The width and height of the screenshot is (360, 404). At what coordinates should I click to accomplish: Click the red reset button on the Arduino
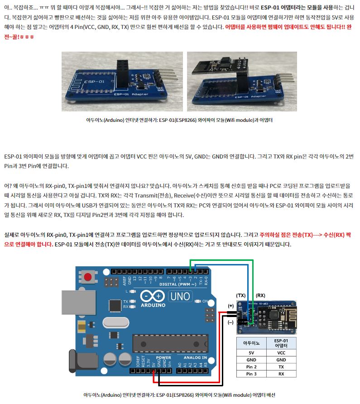pos(87,277)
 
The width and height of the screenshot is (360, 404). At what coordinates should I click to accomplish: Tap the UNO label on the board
pos(180,296)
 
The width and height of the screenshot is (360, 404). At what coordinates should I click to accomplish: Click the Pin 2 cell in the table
pos(251,367)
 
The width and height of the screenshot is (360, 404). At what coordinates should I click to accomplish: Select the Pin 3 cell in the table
pos(251,374)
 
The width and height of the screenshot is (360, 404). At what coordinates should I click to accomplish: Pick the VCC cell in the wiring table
pos(281,353)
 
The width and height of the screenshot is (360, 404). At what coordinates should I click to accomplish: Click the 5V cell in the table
pos(251,353)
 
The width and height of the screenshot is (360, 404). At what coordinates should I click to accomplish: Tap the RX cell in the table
pos(281,374)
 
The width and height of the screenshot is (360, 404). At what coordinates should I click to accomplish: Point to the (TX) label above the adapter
pos(241,296)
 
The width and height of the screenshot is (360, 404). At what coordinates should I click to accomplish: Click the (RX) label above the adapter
pos(260,296)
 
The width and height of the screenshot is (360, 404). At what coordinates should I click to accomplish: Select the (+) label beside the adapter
pos(230,306)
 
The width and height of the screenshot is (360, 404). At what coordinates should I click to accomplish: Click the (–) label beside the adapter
pos(230,322)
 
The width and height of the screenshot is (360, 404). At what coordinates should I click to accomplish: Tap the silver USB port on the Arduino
pos(78,302)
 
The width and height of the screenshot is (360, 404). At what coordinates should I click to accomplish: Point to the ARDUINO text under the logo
pos(153,305)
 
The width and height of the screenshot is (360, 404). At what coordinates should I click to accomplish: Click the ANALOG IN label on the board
pos(195,358)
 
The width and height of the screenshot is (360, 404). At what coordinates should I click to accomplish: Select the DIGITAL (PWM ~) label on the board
pos(178,284)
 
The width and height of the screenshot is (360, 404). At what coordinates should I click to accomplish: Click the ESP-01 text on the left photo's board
pos(94,82)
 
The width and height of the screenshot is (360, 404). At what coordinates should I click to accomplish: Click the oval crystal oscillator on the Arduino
pos(115,322)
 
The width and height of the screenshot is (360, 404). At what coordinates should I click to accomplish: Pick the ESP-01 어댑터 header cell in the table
pos(281,343)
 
